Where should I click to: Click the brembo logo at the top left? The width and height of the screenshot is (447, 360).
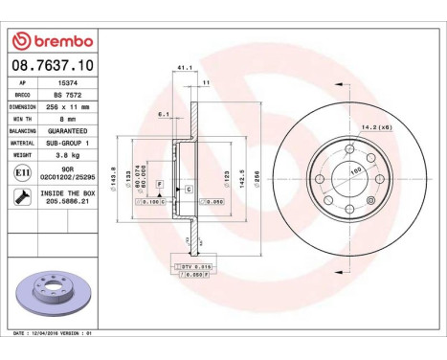tap(50, 42)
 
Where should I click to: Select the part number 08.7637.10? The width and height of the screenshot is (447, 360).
tap(50, 66)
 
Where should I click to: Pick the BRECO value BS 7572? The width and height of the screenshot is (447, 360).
tap(66, 96)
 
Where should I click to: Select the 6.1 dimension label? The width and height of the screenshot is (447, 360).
tap(165, 114)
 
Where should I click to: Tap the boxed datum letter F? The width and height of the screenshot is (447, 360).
tap(159, 183)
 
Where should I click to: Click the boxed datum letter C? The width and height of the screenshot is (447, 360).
tap(189, 191)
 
